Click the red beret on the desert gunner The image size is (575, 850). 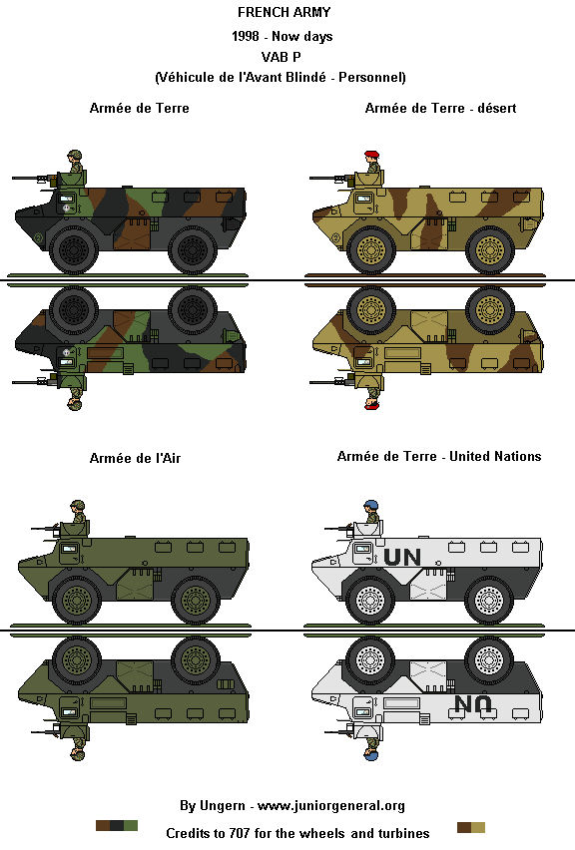pos(371,155)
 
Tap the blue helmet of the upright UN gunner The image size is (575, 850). pos(371,505)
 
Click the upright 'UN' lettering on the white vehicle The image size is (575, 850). pos(402,557)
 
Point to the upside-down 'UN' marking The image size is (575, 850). pos(473,704)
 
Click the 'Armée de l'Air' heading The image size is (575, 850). pos(135,458)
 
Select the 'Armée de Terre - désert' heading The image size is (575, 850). pos(440,108)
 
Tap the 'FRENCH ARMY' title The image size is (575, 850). pos(284,12)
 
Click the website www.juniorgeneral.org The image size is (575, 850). pos(330,806)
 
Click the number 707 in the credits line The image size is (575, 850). pos(240,833)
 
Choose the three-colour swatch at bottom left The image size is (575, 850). pos(117,826)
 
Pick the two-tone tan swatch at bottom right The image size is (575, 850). pos(471,827)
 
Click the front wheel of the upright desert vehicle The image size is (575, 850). pos(371,249)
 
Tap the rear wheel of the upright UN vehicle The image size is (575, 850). pos(489,600)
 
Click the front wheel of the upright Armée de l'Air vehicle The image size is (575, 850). pos(77,600)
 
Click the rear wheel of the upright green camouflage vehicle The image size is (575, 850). pos(192,249)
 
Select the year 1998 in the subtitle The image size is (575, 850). pos(246,36)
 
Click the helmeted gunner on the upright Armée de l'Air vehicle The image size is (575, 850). pos(78,511)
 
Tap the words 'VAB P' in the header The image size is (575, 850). pos(281,57)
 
